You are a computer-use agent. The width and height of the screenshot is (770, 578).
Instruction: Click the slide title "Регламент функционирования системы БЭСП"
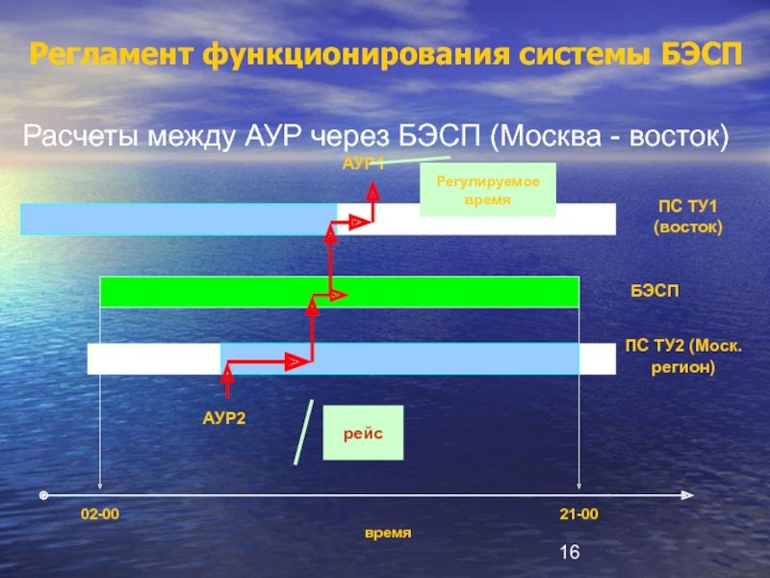385,55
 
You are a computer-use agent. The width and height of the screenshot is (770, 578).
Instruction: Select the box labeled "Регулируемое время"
488,188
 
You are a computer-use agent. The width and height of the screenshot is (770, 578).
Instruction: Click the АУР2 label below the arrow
224,417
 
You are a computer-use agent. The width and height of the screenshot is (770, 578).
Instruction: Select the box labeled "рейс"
363,433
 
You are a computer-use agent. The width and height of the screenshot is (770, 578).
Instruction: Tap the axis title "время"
387,533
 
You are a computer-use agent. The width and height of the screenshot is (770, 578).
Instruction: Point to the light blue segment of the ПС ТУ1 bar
178,219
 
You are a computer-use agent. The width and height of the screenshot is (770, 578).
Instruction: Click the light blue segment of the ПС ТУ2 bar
399,358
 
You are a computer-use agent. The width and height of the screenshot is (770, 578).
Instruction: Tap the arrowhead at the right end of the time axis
686,496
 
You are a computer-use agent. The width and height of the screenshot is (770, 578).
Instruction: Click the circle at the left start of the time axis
43,495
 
